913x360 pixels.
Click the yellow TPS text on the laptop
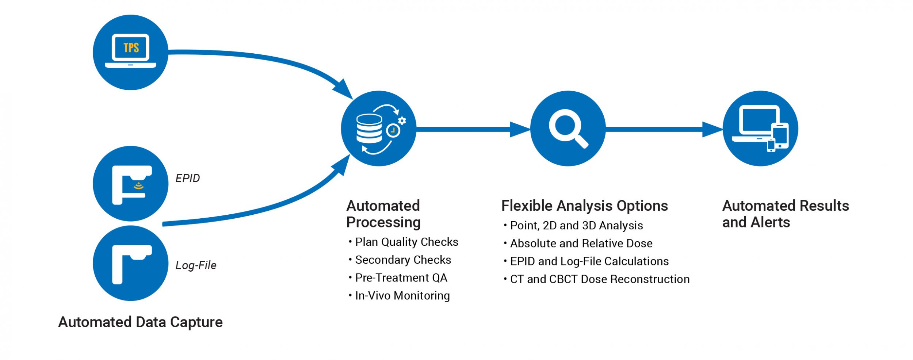131,48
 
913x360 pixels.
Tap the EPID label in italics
187,178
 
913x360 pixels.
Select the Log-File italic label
196,265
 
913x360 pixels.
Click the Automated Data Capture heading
140,322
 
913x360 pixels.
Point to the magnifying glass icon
568,128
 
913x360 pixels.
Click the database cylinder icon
369,129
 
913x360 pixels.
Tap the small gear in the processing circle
402,121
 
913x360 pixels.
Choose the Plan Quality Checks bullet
406,242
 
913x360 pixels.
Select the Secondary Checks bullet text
403,260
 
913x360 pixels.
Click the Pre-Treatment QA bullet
401,278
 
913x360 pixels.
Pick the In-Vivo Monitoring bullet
402,296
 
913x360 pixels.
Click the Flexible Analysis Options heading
584,206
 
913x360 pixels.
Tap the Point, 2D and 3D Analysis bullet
576,226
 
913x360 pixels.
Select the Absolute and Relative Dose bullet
581,244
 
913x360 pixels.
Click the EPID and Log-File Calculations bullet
589,261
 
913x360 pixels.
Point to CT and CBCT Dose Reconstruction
600,279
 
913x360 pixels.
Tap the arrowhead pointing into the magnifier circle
520,129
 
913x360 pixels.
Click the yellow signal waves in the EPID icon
138,187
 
